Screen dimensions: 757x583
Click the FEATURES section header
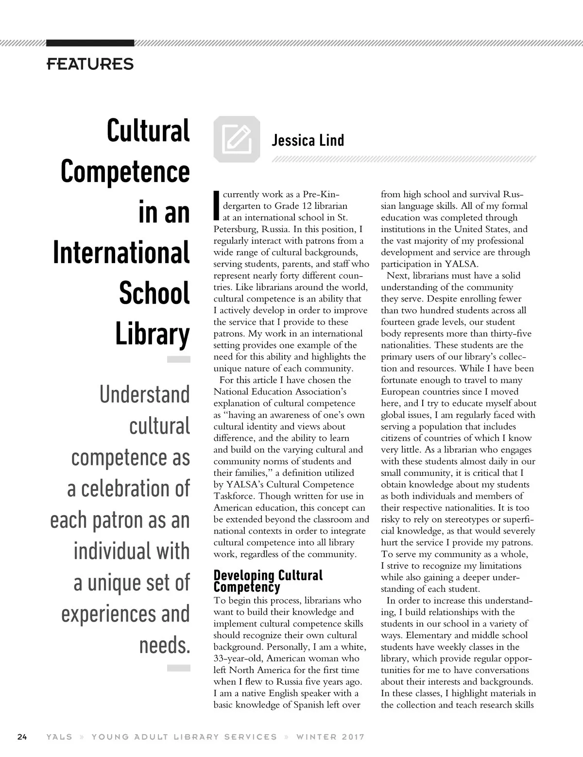90,64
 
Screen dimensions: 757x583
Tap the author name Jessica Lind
308,140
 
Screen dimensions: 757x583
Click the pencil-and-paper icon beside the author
237,139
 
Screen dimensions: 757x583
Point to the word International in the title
121,253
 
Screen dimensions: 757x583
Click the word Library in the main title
153,335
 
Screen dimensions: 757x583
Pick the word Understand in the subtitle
145,395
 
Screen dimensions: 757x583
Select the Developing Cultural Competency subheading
268,581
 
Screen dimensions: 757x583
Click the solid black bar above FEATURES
90,43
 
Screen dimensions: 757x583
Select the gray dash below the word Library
178,359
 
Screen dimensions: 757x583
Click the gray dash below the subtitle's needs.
178,669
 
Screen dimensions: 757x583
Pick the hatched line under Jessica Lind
404,159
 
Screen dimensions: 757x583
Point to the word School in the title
154,294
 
